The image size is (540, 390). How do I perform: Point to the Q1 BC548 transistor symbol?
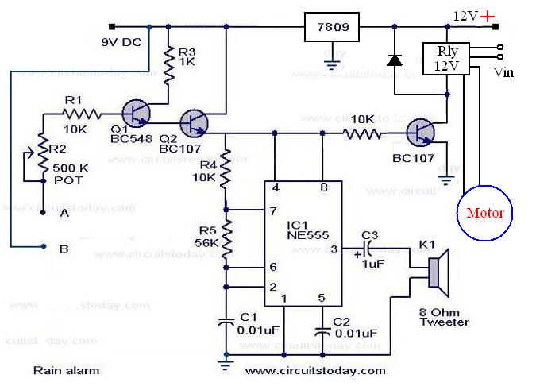pyautogui.click(x=140, y=113)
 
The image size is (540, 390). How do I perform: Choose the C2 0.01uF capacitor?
pyautogui.click(x=322, y=328)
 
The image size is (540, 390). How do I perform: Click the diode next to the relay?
pyautogui.click(x=394, y=60)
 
